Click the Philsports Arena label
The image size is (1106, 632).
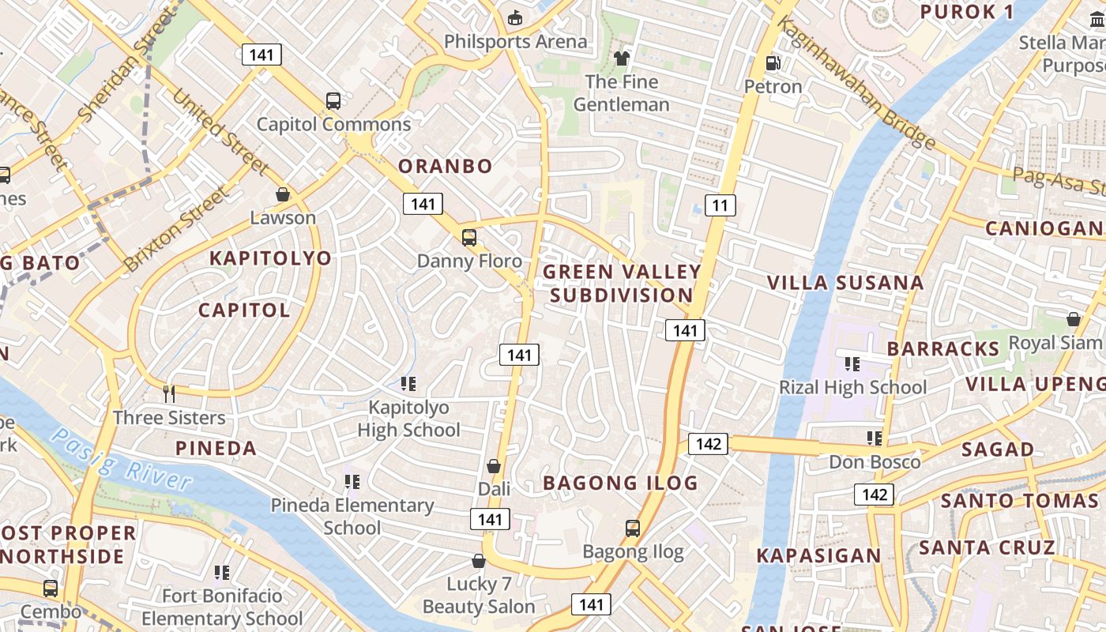pos(515,41)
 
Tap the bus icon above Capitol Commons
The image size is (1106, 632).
pos(333,101)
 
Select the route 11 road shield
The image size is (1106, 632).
pos(719,205)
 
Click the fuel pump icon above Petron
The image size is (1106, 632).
pos(773,63)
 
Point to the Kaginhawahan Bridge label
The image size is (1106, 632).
pos(857,84)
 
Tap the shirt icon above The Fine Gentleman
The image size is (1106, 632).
pos(622,58)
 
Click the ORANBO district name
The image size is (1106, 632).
pos(445,166)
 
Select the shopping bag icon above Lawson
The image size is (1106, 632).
pos(283,194)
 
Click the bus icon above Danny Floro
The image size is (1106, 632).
pos(469,238)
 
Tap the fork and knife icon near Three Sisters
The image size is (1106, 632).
pos(168,393)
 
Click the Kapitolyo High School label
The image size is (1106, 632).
pos(408,419)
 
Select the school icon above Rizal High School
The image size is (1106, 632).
pos(852,364)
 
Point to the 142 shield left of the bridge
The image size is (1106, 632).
pos(708,443)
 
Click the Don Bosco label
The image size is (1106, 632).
pos(875,462)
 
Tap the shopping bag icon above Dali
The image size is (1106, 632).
pos(494,467)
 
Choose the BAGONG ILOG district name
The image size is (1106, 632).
pos(620,483)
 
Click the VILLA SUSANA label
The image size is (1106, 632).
pos(845,283)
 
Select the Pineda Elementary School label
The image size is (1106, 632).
pos(352,516)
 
